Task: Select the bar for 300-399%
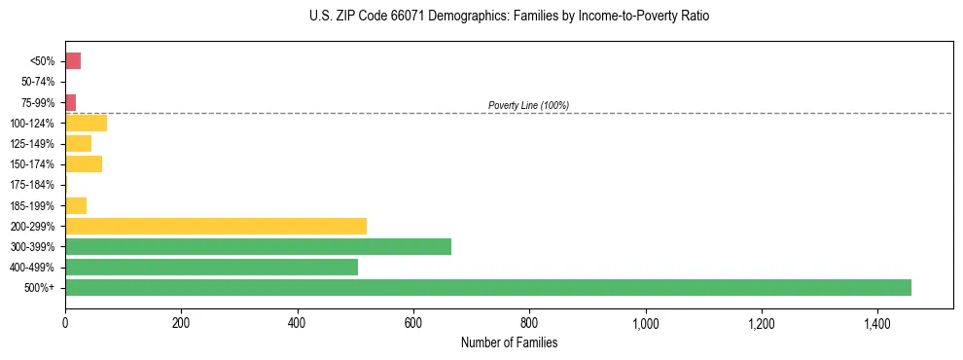[258, 246]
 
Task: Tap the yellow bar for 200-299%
[216, 226]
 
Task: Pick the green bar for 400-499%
[211, 267]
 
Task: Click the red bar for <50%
[73, 61]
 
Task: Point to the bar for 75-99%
[71, 102]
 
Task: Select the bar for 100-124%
[86, 123]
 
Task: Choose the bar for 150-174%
[84, 163]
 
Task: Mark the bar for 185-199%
[76, 205]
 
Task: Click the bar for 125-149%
[78, 143]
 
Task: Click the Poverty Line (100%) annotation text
[528, 105]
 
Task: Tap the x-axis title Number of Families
[509, 342]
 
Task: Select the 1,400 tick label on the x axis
[876, 323]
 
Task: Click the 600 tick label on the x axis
[413, 323]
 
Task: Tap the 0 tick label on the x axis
[65, 323]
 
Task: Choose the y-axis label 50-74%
[40, 82]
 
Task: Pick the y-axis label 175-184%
[35, 185]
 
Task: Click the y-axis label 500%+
[42, 288]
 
